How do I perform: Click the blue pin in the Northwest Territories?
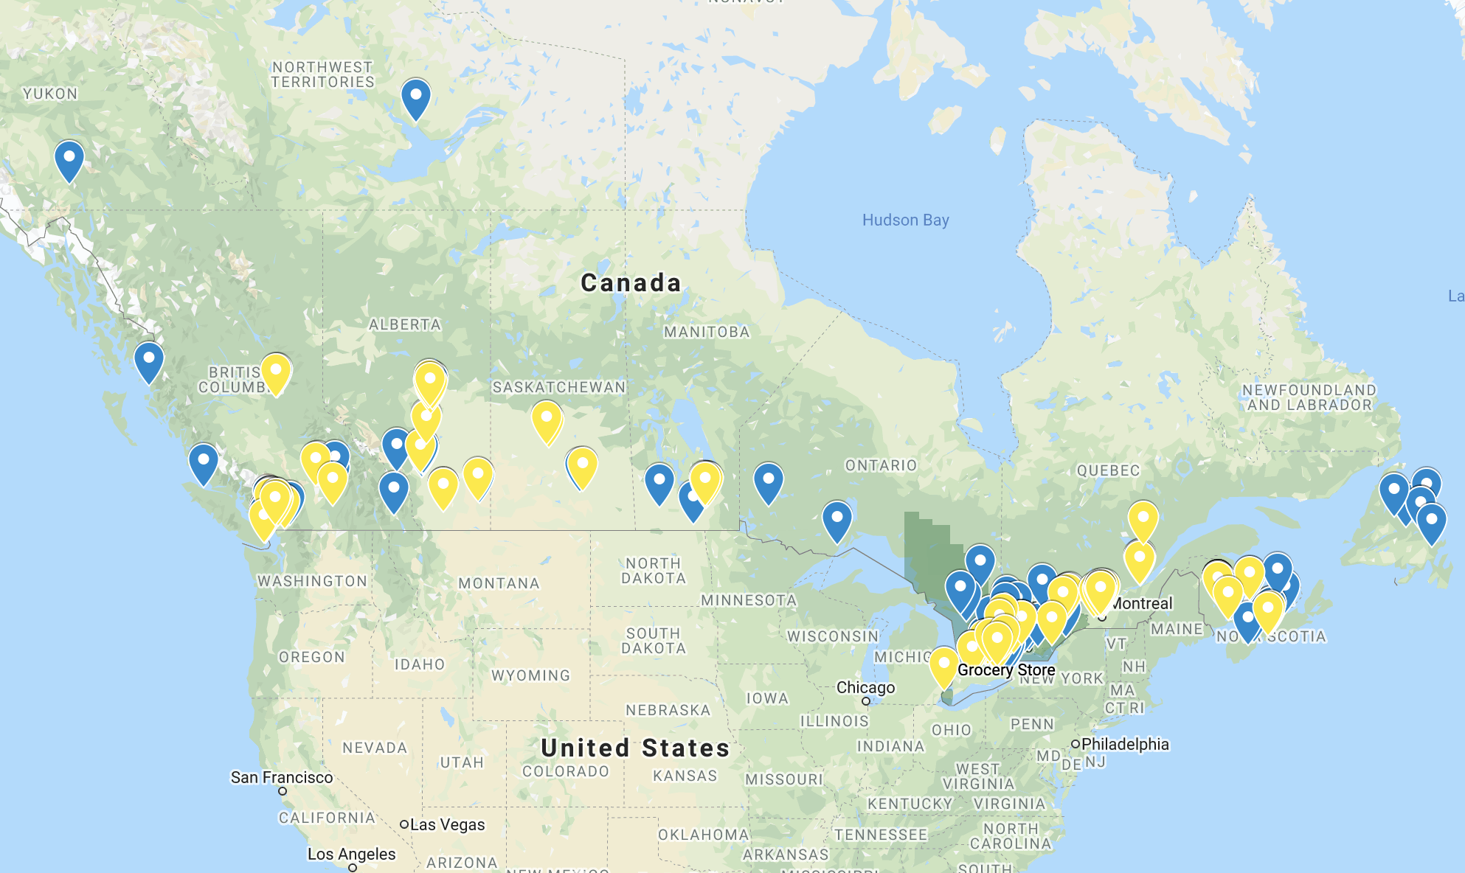(x=416, y=98)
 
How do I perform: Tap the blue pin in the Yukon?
(x=69, y=160)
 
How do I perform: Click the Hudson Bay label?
(x=905, y=220)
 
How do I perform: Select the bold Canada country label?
(x=631, y=282)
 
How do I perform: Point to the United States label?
(x=635, y=748)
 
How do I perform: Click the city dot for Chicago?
(x=866, y=701)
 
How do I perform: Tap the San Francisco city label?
(x=281, y=777)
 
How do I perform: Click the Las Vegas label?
(x=447, y=824)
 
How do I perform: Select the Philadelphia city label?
(x=1125, y=744)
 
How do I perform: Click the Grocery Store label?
(x=1006, y=669)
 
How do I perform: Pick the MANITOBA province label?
(x=707, y=332)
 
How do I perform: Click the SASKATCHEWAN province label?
(x=559, y=387)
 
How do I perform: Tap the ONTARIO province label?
(x=881, y=465)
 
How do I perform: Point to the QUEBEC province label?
(x=1108, y=470)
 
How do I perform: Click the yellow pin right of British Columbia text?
(x=276, y=372)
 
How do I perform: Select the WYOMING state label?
(x=530, y=675)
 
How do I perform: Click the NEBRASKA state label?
(x=668, y=710)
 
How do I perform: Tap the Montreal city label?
(x=1141, y=603)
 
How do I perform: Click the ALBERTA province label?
(x=404, y=324)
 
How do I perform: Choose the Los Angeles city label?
(x=351, y=854)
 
